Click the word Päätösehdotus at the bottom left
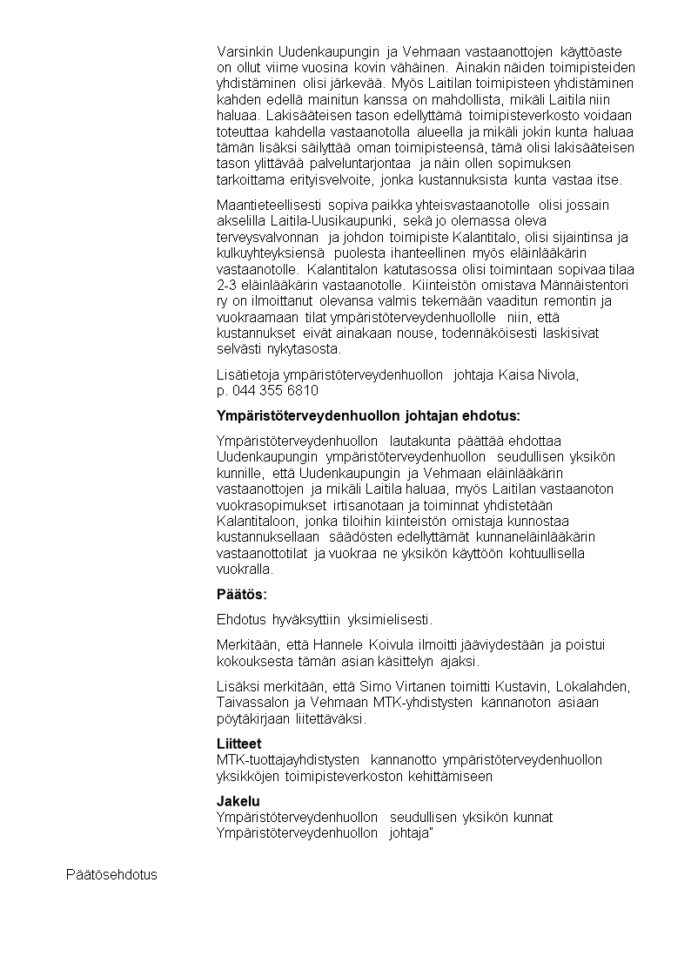(x=111, y=873)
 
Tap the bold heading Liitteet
(x=238, y=745)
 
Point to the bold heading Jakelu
(x=238, y=801)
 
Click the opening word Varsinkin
(x=246, y=52)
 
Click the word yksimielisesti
(x=389, y=620)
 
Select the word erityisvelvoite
(x=314, y=181)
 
